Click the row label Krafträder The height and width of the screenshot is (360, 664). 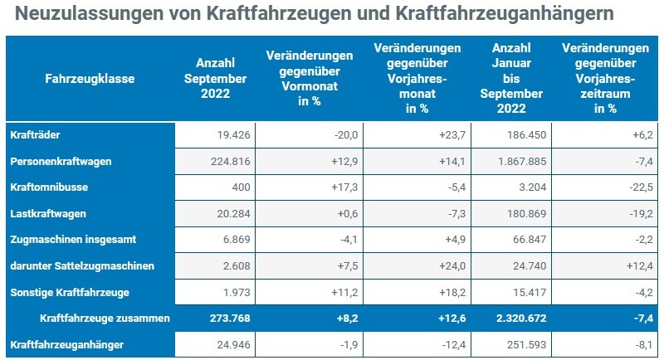point(35,134)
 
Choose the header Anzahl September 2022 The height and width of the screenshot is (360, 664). point(221,78)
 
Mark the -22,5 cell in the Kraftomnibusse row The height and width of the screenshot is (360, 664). point(627,187)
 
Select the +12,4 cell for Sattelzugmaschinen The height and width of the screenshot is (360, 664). point(627,265)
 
